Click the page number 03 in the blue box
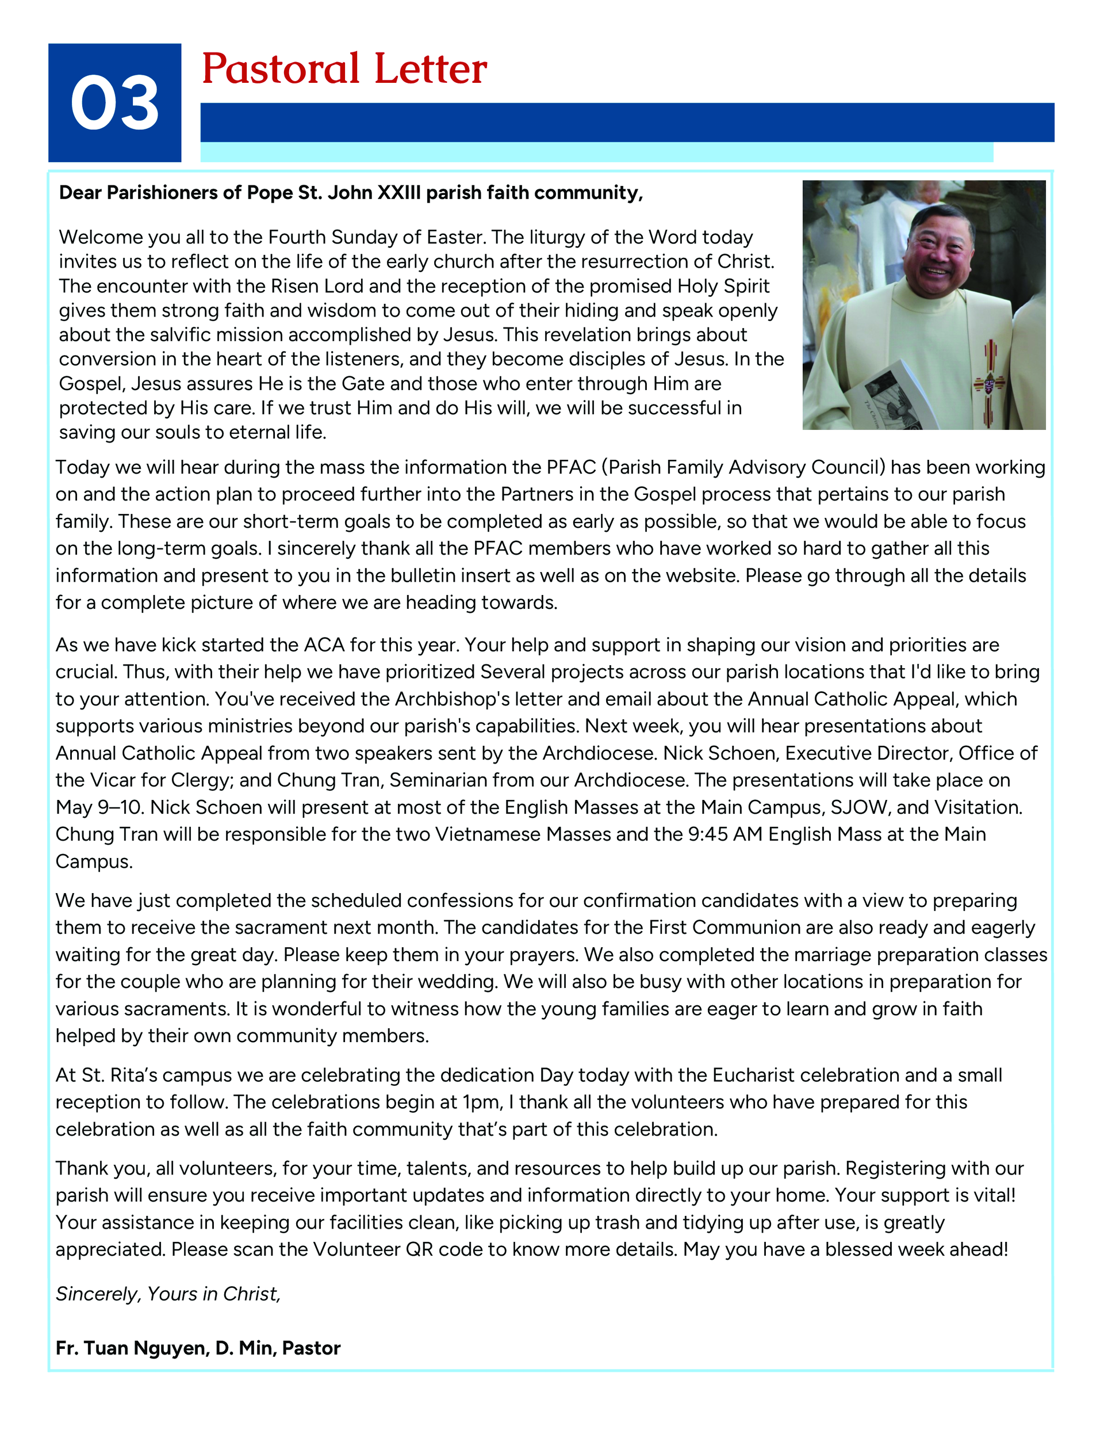[114, 103]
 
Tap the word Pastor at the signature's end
[312, 1348]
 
